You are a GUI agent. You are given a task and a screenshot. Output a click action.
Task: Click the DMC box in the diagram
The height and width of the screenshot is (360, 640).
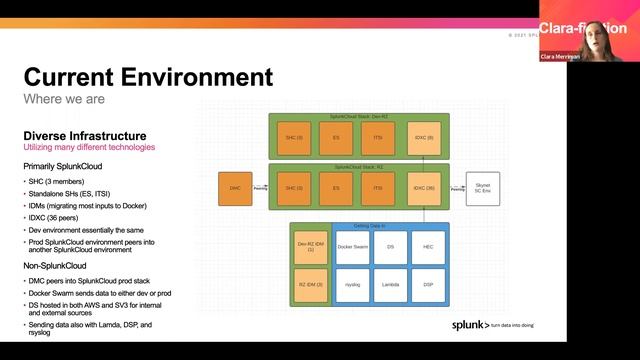[x=236, y=188]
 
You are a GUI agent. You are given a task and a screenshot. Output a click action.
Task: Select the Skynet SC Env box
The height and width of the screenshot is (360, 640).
[x=483, y=188]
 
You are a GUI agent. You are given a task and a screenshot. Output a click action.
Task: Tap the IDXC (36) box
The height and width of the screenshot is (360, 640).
[x=423, y=188]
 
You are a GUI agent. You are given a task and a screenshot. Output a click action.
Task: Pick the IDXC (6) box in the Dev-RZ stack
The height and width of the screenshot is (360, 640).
[x=423, y=136]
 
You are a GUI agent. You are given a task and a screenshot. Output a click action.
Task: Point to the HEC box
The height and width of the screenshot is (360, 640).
[x=428, y=246]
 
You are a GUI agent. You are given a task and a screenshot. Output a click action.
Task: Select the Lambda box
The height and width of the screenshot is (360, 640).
[x=391, y=284]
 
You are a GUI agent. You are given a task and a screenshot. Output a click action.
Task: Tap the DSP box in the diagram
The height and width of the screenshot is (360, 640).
[x=428, y=284]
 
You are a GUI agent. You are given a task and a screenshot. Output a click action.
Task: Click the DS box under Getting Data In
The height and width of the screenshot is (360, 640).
[x=391, y=246]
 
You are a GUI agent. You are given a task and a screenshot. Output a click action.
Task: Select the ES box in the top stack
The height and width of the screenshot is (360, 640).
[x=336, y=136]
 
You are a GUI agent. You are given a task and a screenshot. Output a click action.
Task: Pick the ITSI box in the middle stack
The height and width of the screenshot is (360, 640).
[x=378, y=188]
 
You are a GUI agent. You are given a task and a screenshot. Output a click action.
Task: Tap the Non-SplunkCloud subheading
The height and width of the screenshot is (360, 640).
[x=61, y=266]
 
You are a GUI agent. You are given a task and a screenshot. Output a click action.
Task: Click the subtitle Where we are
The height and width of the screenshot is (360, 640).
[x=59, y=98]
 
